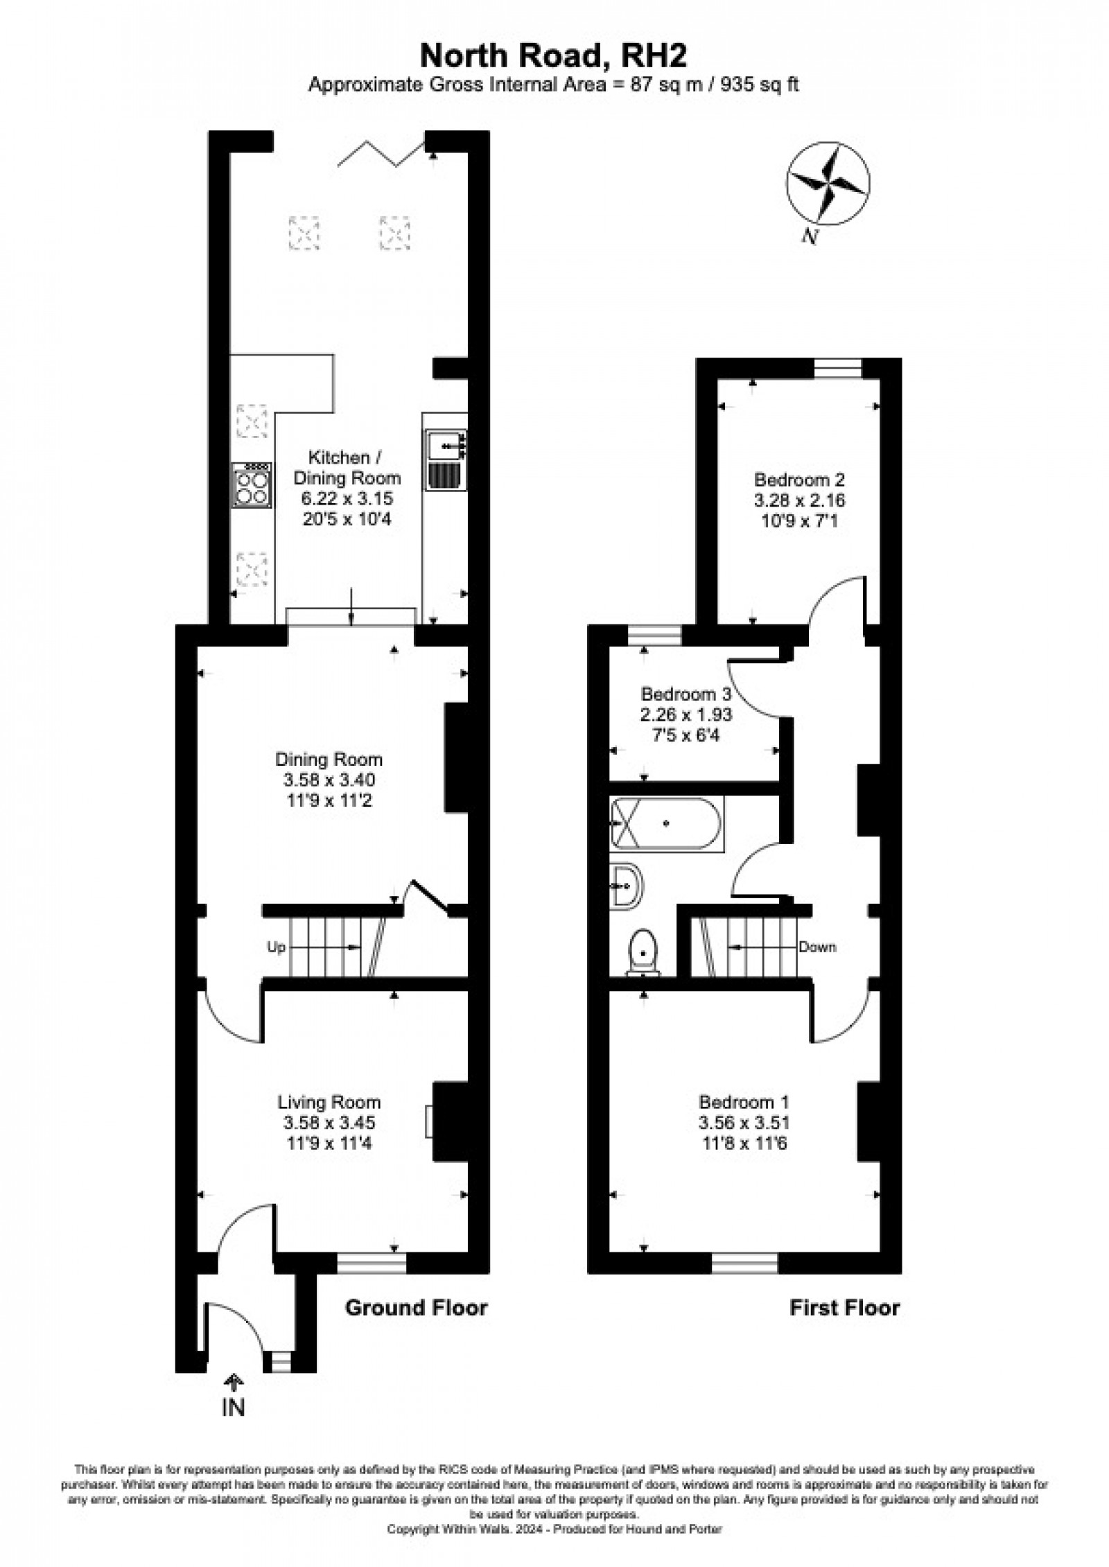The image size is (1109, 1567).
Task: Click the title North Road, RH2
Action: pyautogui.click(x=552, y=56)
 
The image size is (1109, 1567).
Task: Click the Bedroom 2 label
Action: pyautogui.click(x=799, y=479)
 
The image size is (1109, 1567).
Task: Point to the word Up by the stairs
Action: pyautogui.click(x=276, y=947)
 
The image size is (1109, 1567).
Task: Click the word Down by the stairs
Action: pyautogui.click(x=817, y=947)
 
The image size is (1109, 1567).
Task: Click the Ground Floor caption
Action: pyautogui.click(x=416, y=1308)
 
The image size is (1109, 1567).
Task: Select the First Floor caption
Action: pyautogui.click(x=845, y=1308)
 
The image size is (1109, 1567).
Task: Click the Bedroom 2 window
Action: pyautogui.click(x=837, y=368)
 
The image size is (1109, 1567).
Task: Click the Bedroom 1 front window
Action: pyautogui.click(x=745, y=1263)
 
